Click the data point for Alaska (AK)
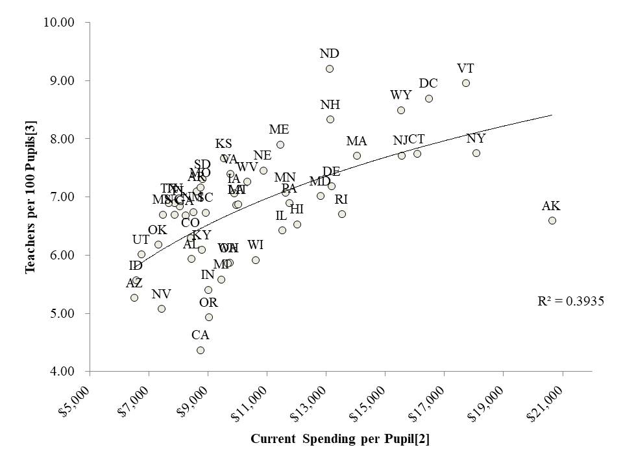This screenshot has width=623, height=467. (552, 221)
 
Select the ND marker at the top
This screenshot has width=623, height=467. (330, 69)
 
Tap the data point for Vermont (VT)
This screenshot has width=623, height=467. (466, 83)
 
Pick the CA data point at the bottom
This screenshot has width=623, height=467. (201, 350)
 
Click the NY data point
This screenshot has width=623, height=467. (476, 153)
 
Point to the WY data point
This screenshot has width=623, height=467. (401, 110)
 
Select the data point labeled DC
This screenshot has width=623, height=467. (429, 99)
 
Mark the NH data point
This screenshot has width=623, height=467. (330, 119)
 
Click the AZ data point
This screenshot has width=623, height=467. (134, 298)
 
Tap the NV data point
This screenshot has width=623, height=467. (162, 309)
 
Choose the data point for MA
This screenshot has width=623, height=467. (357, 156)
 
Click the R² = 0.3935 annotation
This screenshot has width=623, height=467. (562, 301)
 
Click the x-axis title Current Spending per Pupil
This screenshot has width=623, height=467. (340, 439)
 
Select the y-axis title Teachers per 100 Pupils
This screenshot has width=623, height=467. (30, 197)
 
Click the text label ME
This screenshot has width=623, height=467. (279, 130)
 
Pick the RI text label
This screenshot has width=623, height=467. (341, 199)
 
